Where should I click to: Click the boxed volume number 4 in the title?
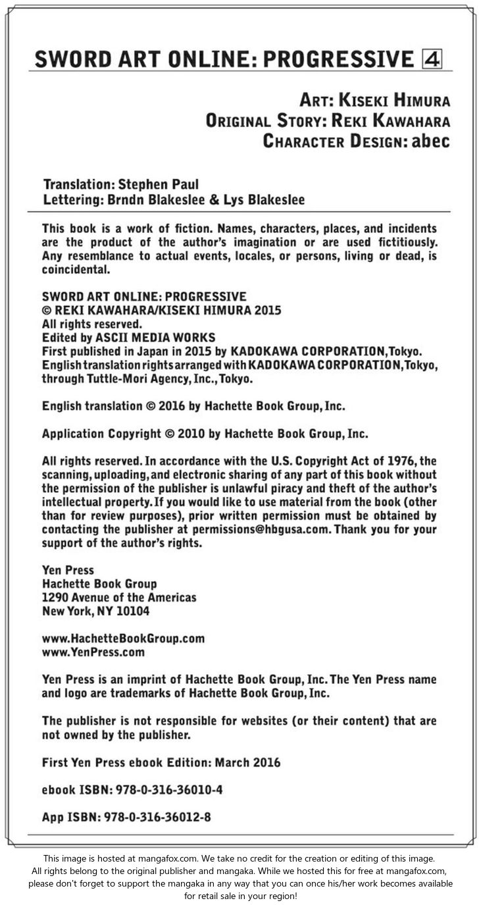tap(432, 59)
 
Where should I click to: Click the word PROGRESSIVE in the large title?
tap(338, 59)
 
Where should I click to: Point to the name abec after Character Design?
tap(431, 142)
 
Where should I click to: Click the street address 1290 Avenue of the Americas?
tap(119, 598)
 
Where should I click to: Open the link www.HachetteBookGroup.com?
tap(123, 638)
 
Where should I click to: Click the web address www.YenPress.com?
tap(93, 653)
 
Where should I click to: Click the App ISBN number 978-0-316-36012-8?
tap(155, 817)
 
